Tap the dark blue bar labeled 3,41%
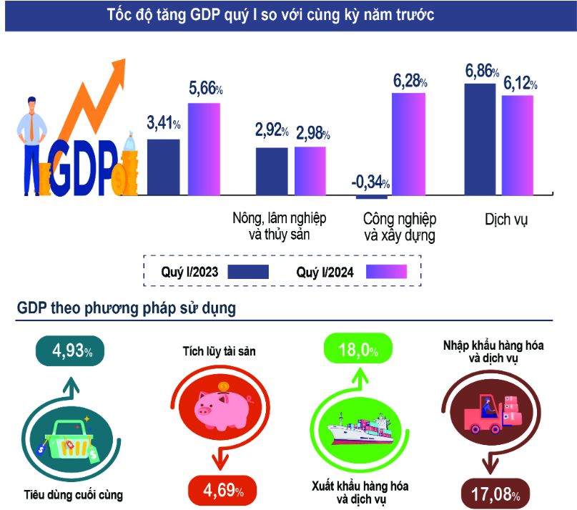(163, 166)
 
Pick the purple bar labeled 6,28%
(409, 143)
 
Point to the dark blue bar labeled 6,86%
(480, 138)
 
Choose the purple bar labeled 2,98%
(310, 170)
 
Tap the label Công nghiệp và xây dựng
(399, 227)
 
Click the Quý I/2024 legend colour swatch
(386, 272)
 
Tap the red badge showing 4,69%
(223, 491)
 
